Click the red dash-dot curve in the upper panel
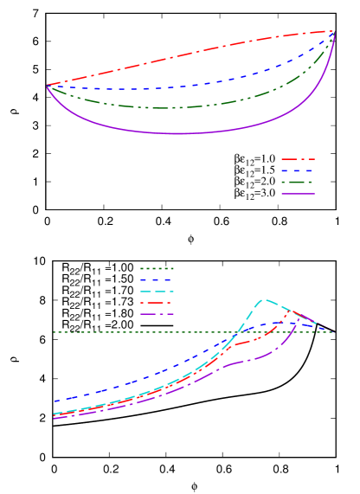pyautogui.click(x=190, y=55)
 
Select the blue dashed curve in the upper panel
pyautogui.click(x=190, y=86)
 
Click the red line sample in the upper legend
pyautogui.click(x=298, y=159)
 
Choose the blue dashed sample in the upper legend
pyautogui.click(x=298, y=170)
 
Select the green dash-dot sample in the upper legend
pyautogui.click(x=298, y=183)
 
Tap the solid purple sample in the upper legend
pyautogui.click(x=298, y=194)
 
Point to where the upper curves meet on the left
pyautogui.click(x=48, y=86)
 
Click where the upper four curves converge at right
pyautogui.click(x=333, y=32)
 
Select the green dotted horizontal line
pyautogui.click(x=130, y=332)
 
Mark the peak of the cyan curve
pyautogui.click(x=264, y=300)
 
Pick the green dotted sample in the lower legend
pyautogui.click(x=157, y=268)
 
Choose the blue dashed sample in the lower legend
pyautogui.click(x=157, y=279)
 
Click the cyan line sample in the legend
pyautogui.click(x=157, y=292)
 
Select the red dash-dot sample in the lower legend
pyautogui.click(x=157, y=303)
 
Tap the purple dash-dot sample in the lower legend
pyautogui.click(x=157, y=314)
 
